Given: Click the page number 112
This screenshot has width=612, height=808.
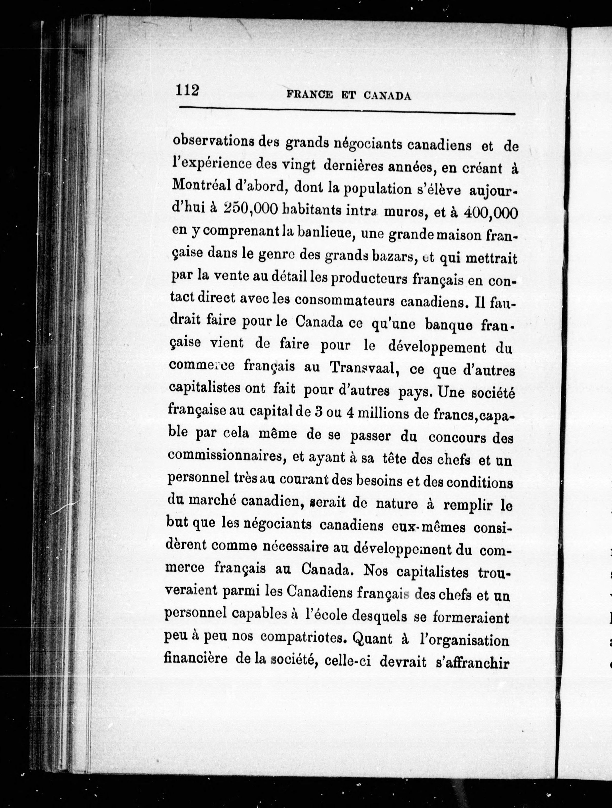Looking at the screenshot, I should [x=187, y=90].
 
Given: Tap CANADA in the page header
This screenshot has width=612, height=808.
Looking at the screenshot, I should [x=387, y=96].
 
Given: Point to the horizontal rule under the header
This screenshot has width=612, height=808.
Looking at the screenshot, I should [x=347, y=111].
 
